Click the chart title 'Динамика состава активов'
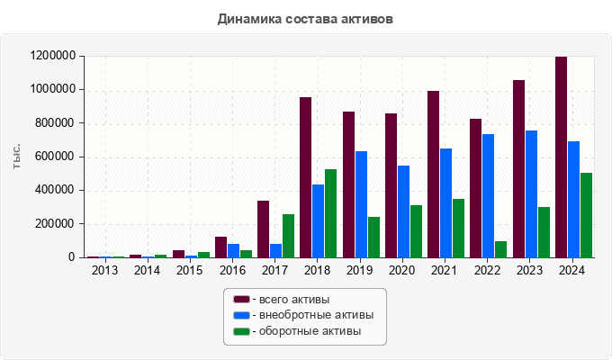click(305, 18)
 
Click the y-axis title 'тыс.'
click(17, 156)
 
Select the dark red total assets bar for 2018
click(305, 177)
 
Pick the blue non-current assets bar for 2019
click(361, 204)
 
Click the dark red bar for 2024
click(561, 157)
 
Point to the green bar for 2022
click(501, 249)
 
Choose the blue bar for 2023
click(531, 194)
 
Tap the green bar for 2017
click(288, 236)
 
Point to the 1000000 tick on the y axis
click(53, 90)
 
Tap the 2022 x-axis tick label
click(488, 271)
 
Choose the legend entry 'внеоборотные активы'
click(310, 315)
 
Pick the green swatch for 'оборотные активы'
click(241, 331)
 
